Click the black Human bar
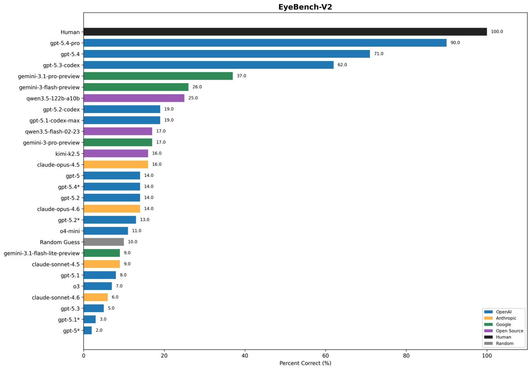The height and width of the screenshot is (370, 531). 285,32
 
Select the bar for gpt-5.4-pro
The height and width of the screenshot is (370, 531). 265,43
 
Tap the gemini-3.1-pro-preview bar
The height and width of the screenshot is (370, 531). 158,76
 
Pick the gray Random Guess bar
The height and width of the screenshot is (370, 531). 104,242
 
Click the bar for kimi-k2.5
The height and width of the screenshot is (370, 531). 115,153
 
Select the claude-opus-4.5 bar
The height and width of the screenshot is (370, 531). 115,164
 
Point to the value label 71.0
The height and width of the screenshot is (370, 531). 379,54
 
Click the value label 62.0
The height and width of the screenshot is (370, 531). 342,65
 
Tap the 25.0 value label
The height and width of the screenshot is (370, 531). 193,98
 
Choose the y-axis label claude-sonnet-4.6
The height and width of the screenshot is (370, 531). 56,297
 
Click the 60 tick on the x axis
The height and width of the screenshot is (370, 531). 326,355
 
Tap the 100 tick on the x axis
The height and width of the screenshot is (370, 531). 487,355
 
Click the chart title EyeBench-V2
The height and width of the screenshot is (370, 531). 305,7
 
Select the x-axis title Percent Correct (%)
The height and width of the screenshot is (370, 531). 305,363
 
